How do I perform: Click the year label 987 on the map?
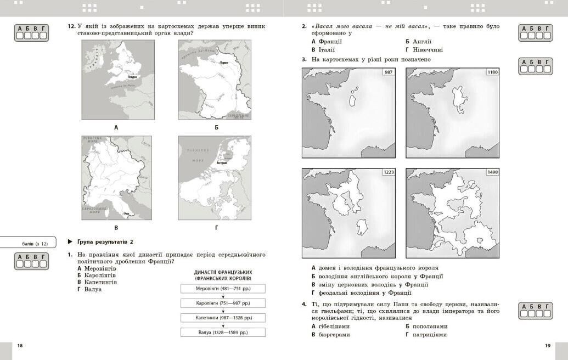389,72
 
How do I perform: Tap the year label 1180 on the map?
492,72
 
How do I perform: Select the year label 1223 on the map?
389,172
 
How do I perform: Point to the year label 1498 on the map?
492,172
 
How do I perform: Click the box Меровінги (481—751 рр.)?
223,288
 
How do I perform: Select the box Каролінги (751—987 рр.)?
223,303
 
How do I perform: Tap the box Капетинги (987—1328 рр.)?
223,317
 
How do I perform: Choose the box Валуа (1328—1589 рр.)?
223,332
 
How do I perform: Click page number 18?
20,345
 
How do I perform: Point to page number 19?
547,345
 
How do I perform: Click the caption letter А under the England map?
116,127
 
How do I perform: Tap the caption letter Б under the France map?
216,127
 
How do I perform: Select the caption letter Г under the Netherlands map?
216,227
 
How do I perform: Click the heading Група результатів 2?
104,241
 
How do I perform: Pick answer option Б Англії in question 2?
419,41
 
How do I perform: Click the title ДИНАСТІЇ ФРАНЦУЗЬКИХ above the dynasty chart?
223,272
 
